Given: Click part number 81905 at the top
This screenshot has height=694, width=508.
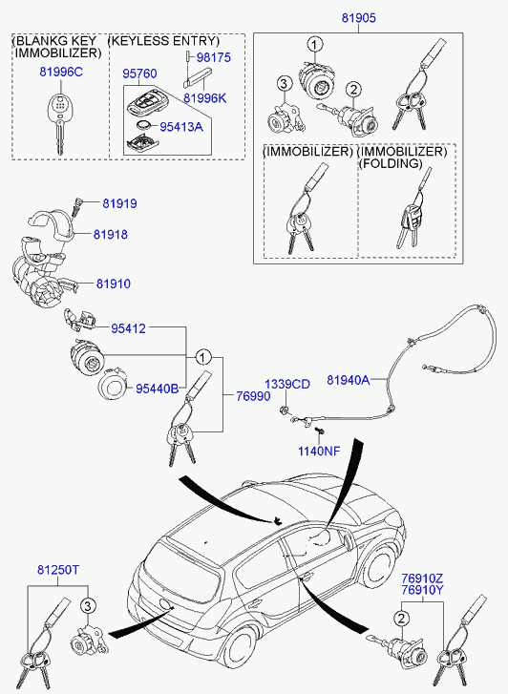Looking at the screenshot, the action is click(x=358, y=18).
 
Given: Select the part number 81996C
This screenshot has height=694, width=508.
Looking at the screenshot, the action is click(x=61, y=72).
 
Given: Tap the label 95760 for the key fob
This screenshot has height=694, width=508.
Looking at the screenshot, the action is click(x=139, y=74).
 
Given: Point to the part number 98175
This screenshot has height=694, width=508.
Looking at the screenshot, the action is click(x=214, y=57).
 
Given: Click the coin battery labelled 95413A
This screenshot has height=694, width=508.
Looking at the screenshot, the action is click(x=143, y=126).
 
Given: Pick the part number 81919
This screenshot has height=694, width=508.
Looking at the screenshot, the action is click(x=119, y=203).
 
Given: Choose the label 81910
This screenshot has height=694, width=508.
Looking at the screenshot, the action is click(x=114, y=284).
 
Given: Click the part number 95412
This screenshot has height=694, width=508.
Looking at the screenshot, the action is click(x=128, y=328).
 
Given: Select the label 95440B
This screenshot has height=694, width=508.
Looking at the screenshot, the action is click(x=158, y=389).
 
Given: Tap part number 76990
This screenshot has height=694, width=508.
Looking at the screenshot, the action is click(x=253, y=396).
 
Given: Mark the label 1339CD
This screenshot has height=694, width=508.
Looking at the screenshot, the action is click(x=287, y=384).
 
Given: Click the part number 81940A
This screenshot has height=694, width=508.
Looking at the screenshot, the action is click(x=349, y=380).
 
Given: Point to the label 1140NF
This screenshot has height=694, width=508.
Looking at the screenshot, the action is click(x=319, y=451).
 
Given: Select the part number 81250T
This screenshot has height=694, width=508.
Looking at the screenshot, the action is click(x=58, y=570).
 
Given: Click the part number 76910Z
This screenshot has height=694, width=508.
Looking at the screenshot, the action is click(x=422, y=578).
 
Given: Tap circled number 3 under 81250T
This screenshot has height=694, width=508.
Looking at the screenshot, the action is click(x=88, y=605).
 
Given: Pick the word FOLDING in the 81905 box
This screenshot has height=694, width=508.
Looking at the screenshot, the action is click(x=391, y=163).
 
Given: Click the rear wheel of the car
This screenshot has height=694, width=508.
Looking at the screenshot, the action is click(x=238, y=653).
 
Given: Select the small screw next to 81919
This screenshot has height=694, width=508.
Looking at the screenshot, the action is click(x=75, y=207).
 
